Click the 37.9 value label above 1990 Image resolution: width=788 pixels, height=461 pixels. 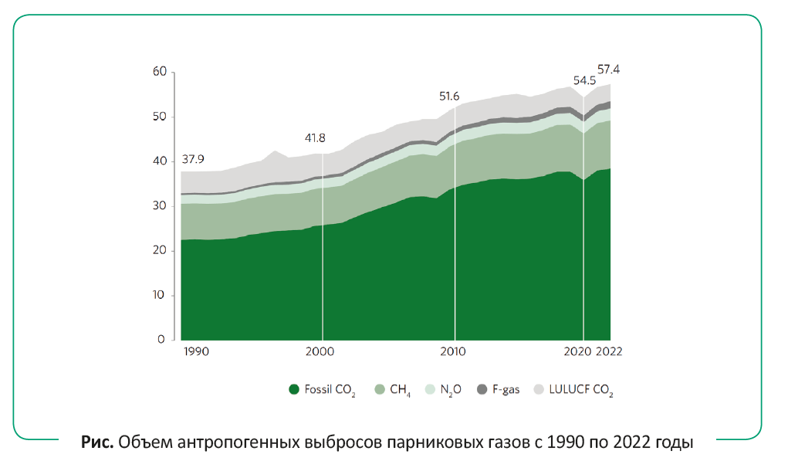(x=194, y=160)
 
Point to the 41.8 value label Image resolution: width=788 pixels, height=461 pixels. (x=316, y=138)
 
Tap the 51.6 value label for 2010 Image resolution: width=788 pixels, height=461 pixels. (x=449, y=96)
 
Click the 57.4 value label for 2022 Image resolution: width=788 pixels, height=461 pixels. (x=608, y=69)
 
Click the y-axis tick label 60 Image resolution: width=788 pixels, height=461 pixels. (x=160, y=72)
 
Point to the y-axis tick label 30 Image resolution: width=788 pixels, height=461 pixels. (x=160, y=205)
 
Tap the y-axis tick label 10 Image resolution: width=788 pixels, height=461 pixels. (x=160, y=295)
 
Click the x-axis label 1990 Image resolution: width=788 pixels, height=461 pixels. (x=196, y=351)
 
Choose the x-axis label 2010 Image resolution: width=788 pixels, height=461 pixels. (x=454, y=351)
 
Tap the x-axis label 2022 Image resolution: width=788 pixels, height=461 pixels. (x=609, y=351)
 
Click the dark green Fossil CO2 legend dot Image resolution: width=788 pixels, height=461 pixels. (x=293, y=389)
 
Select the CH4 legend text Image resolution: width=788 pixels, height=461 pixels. (x=401, y=390)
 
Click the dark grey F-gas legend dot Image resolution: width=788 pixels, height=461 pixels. (x=482, y=389)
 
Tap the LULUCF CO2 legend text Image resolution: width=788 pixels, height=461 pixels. (x=580, y=390)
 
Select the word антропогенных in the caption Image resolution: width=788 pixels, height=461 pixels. (x=238, y=442)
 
